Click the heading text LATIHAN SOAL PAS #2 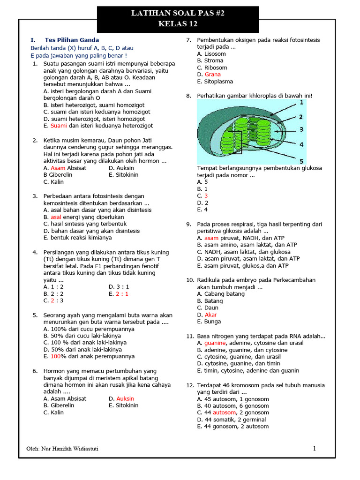click(x=178, y=14)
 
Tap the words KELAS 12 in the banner click(x=178, y=24)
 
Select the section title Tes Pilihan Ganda click(x=72, y=40)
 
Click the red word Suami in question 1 click(x=59, y=126)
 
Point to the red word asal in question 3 click(x=56, y=217)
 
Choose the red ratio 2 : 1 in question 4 click(x=122, y=293)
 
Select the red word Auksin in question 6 click(x=125, y=398)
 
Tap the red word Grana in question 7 click(x=212, y=75)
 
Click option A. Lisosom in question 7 click(x=211, y=54)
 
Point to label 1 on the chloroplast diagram click(x=301, y=102)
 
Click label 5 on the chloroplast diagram click(x=301, y=161)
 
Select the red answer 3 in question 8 click(x=206, y=196)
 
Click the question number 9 click(x=189, y=224)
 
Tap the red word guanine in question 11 click(x=215, y=343)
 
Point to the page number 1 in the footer click(x=315, y=449)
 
